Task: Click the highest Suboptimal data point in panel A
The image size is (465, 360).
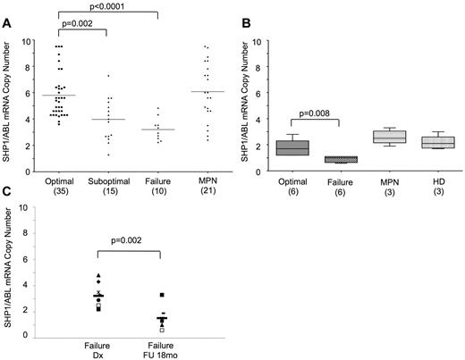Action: click(x=108, y=76)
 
